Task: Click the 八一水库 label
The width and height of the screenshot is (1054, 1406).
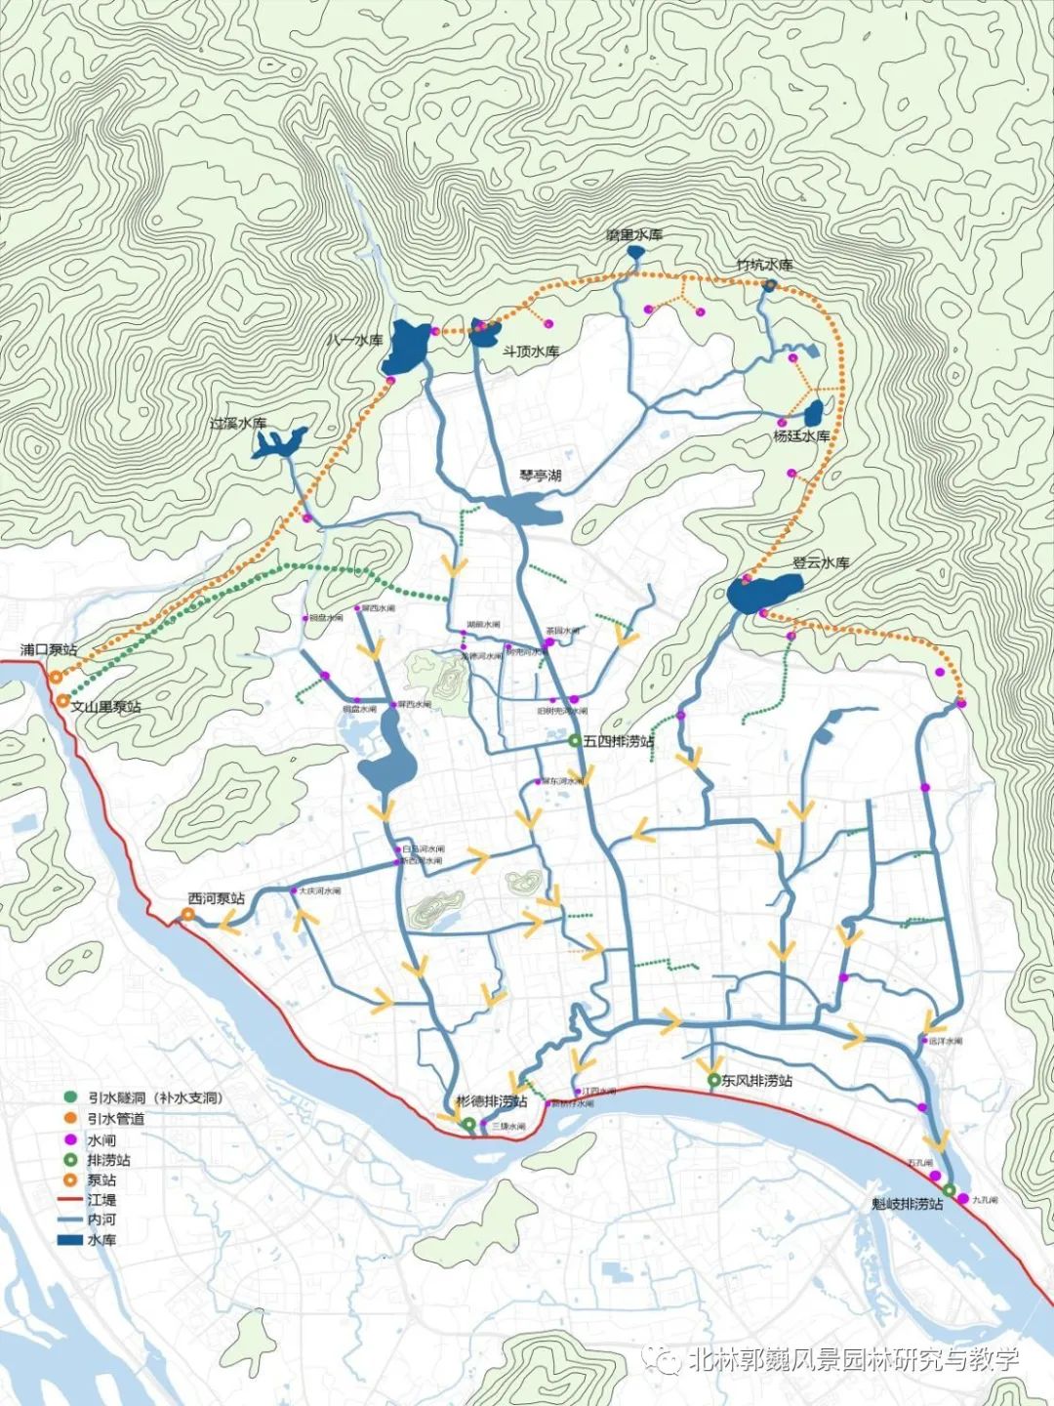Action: click(x=355, y=341)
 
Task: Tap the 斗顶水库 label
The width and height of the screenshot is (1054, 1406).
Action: click(x=530, y=351)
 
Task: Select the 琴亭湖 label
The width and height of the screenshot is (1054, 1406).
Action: click(x=540, y=476)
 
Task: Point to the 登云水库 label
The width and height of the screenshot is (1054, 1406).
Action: click(x=820, y=563)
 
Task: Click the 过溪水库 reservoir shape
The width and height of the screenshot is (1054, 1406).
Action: click(x=277, y=443)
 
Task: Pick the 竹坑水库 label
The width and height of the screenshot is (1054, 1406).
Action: click(x=764, y=265)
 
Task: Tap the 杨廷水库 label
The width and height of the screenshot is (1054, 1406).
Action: click(x=801, y=435)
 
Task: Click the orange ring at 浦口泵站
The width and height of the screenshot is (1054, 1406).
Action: click(x=56, y=676)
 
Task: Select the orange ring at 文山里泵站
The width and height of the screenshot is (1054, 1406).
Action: click(x=63, y=701)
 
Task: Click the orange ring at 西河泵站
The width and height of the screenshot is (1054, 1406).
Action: click(x=186, y=915)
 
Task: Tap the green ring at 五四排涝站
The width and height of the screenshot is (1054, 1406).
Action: click(x=577, y=742)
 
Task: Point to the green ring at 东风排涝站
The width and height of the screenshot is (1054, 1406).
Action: click(x=714, y=1080)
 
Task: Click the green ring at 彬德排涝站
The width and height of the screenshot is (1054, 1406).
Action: click(x=469, y=1125)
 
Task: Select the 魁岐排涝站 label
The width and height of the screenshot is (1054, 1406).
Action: click(x=907, y=1204)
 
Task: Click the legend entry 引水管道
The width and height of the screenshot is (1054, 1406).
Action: click(x=115, y=1119)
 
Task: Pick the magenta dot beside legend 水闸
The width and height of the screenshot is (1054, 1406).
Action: click(x=70, y=1139)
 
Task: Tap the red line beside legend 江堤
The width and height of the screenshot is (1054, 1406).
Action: click(x=70, y=1200)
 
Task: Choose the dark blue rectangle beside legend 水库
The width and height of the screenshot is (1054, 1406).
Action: click(x=70, y=1240)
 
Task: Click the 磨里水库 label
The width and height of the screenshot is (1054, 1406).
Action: click(x=633, y=235)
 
